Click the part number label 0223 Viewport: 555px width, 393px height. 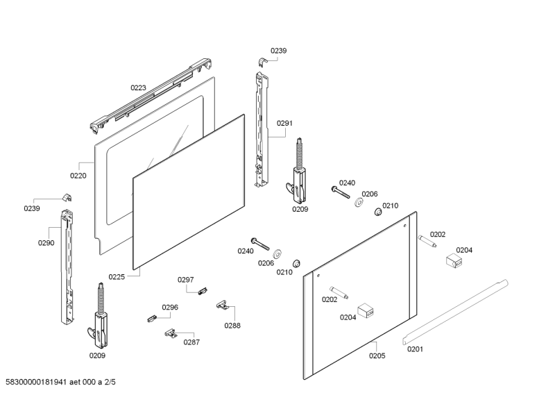pos(138,87)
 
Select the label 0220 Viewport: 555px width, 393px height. pos(78,176)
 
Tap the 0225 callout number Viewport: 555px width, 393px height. pos(117,277)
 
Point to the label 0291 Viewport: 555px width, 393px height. pos(285,123)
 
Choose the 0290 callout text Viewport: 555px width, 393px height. pos(46,242)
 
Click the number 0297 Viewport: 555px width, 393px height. pos(185,280)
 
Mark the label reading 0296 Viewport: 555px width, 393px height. pos(170,308)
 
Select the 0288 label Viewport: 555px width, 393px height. pos(232,324)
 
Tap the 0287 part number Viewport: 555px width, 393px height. pos(191,342)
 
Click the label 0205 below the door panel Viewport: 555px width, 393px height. pos(377,355)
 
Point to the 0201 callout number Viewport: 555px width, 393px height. pos(415,349)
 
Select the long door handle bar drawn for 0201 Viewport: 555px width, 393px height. pos(454,310)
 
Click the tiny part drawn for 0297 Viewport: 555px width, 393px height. pos(203,290)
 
